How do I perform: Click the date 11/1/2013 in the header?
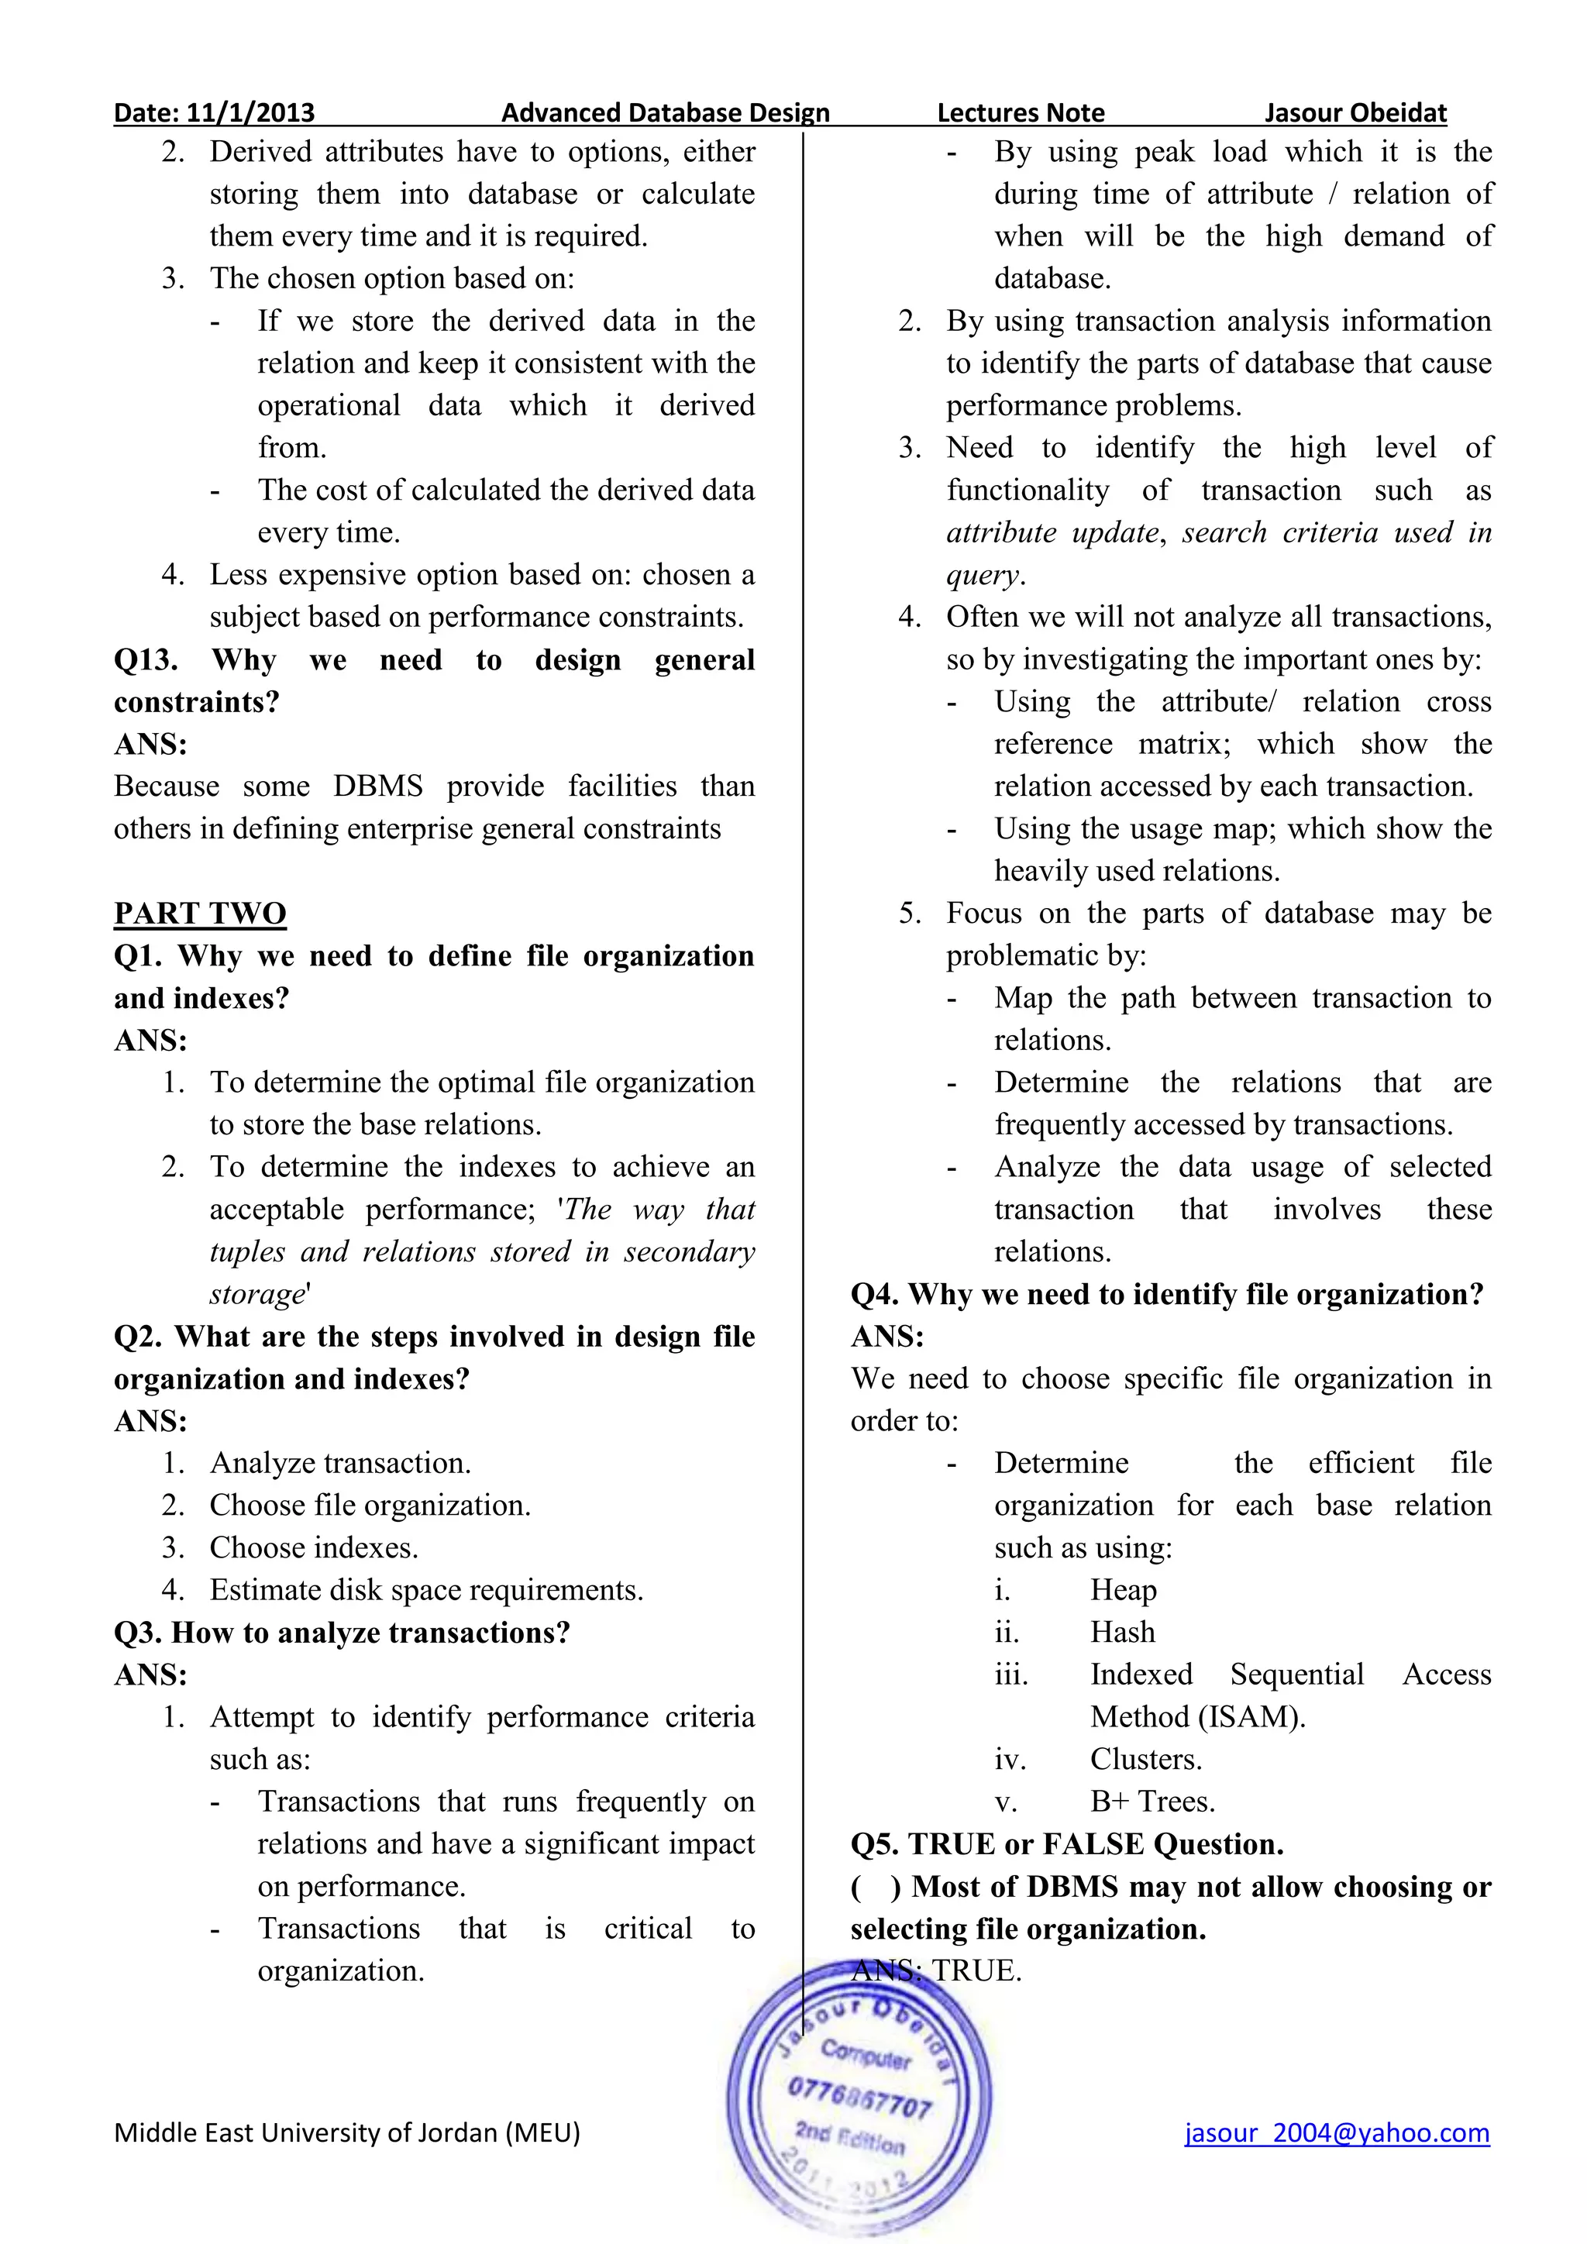click(250, 112)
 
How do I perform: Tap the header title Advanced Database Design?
click(665, 112)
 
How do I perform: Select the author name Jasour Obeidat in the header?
click(1355, 112)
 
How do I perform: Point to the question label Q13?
click(146, 659)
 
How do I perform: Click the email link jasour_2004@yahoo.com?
click(1336, 2132)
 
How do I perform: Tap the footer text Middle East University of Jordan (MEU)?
click(347, 2132)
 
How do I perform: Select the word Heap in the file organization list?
click(1123, 1590)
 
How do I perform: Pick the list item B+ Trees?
click(1152, 1802)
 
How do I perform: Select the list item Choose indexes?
click(314, 1548)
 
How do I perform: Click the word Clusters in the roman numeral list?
click(1145, 1759)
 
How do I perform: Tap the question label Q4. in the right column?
click(873, 1294)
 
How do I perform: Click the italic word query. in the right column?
click(985, 575)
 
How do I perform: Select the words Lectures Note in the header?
click(1021, 112)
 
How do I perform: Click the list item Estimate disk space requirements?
click(426, 1590)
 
